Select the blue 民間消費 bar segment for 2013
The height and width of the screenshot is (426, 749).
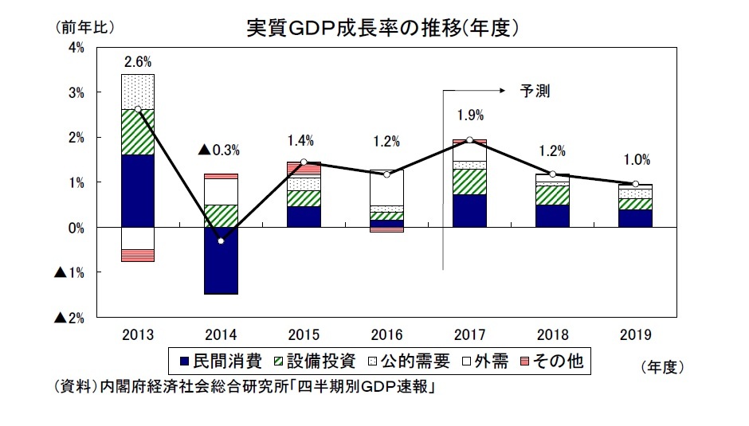point(137,191)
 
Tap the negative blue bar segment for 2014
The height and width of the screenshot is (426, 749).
point(220,260)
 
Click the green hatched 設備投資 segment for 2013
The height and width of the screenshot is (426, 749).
point(137,132)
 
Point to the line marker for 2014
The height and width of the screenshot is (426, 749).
point(220,240)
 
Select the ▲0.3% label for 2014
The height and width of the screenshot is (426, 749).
point(218,149)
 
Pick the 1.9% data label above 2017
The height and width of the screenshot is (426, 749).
point(469,115)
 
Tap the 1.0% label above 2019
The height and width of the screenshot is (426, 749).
point(635,158)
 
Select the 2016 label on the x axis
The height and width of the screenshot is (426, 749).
point(386,334)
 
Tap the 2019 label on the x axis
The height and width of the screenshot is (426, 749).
point(635,334)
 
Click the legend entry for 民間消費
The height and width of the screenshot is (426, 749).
point(223,362)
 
